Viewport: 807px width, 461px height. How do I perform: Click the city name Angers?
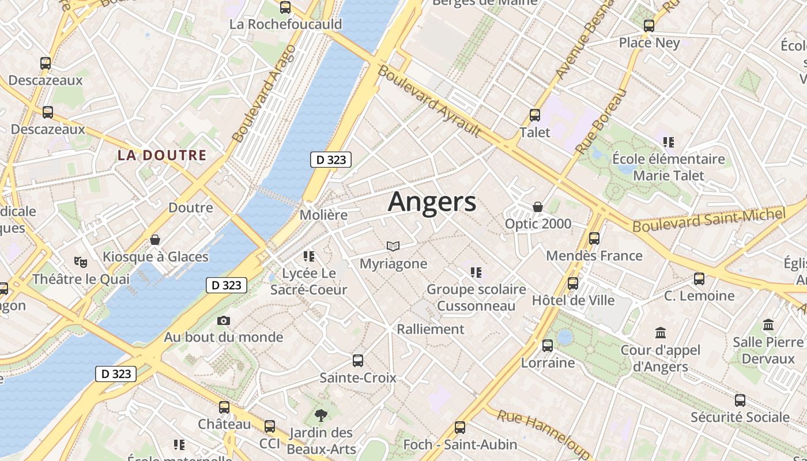point(432,202)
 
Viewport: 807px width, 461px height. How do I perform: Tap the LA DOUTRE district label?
point(162,155)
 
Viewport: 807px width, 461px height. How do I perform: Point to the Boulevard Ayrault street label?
point(429,101)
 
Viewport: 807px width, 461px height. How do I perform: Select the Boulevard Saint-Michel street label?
point(709,220)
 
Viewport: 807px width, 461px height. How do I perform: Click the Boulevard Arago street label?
point(264,93)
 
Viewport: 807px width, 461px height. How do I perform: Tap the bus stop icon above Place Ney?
point(649,26)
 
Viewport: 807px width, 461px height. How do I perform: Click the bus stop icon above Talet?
point(535,115)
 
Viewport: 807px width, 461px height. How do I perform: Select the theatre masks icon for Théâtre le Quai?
point(81,262)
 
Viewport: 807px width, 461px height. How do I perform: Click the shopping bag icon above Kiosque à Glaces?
point(155,240)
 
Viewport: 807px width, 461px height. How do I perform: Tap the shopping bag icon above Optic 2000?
point(538,207)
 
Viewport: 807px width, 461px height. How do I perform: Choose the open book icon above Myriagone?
point(393,247)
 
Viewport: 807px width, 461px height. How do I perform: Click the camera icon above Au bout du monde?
point(224,320)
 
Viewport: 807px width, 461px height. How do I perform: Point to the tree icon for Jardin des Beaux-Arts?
point(320,415)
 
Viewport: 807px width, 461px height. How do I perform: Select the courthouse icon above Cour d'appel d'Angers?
point(661,333)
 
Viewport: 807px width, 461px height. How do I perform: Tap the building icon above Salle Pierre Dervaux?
point(768,325)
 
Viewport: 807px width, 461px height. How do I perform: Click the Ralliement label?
point(431,329)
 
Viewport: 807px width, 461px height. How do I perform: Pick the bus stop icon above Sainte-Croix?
point(358,361)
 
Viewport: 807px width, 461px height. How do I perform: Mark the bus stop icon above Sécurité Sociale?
point(740,400)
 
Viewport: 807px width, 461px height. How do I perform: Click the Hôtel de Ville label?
point(573,300)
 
